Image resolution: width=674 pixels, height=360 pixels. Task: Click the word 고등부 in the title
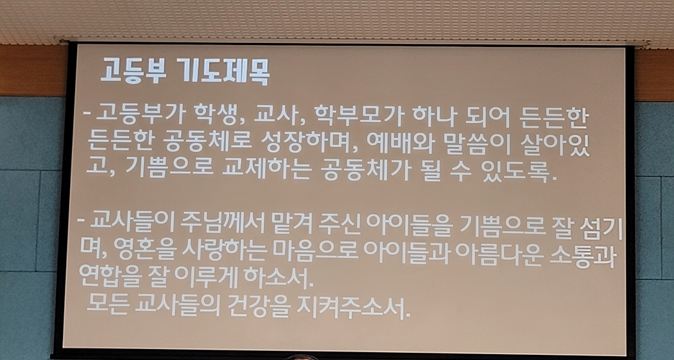click(x=133, y=70)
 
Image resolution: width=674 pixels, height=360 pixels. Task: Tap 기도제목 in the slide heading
click(x=223, y=72)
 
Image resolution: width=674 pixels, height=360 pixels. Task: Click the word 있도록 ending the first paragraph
click(x=519, y=172)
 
